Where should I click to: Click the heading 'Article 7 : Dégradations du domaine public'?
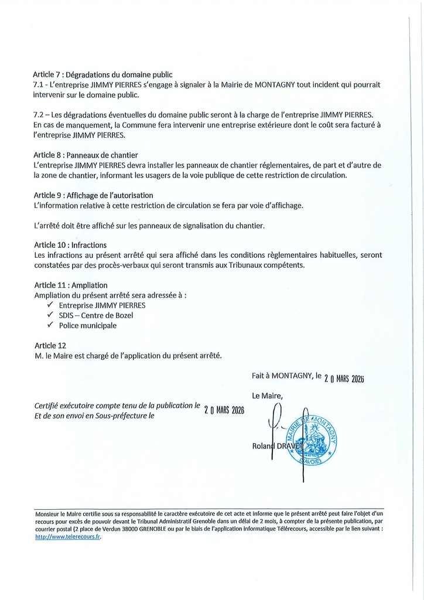point(102,74)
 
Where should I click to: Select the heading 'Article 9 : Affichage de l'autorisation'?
point(93,195)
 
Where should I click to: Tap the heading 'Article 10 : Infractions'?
point(70,245)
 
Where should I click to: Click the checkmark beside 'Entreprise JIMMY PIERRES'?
point(50,305)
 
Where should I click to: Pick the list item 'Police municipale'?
point(88,325)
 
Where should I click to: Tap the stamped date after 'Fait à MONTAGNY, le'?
point(344,379)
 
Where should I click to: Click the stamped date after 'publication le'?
point(224,410)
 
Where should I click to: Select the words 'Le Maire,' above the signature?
point(267,396)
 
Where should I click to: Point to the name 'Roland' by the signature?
point(262,447)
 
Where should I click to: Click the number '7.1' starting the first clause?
point(39,84)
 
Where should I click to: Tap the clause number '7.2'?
point(39,114)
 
